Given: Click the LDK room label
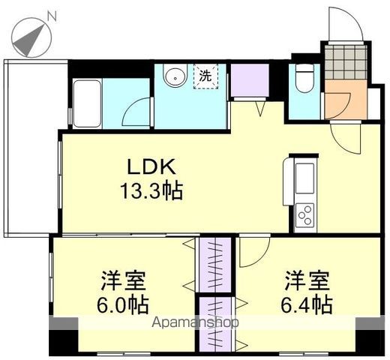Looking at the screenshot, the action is coord(151,166).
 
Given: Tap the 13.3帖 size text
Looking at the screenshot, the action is coord(151,191).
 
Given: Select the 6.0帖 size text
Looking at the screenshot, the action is coord(122,305).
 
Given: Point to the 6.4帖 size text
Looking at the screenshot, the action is coord(307,305).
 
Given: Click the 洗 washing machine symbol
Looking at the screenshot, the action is coord(205,76).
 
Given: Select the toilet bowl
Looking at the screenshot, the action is coord(304,79).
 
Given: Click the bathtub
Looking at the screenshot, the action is coord(87,103).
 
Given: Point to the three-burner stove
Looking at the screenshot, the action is coord(304,214).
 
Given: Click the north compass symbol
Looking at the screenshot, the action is coord(31,37).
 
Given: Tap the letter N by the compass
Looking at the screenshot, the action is coord(52,16).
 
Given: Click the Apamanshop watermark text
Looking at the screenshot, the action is coord(195,322).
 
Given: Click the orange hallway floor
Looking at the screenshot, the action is coord(346,100).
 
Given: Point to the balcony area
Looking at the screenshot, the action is coord(32,148).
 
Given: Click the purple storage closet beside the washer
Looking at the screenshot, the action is coord(250,80).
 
